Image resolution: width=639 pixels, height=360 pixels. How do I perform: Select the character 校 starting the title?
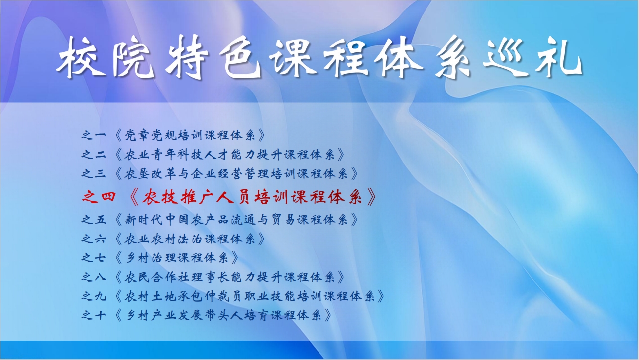[x=81, y=57]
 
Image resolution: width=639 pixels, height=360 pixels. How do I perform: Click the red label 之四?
[x=99, y=197]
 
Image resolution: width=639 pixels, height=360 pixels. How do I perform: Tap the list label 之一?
[x=94, y=135]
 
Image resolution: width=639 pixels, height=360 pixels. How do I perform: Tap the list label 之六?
[x=94, y=239]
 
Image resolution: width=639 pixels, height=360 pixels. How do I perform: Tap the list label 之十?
[x=94, y=316]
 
